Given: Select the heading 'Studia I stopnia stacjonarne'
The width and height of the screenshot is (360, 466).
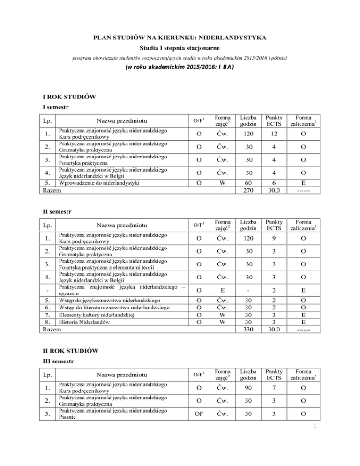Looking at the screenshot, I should tap(180, 47).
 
